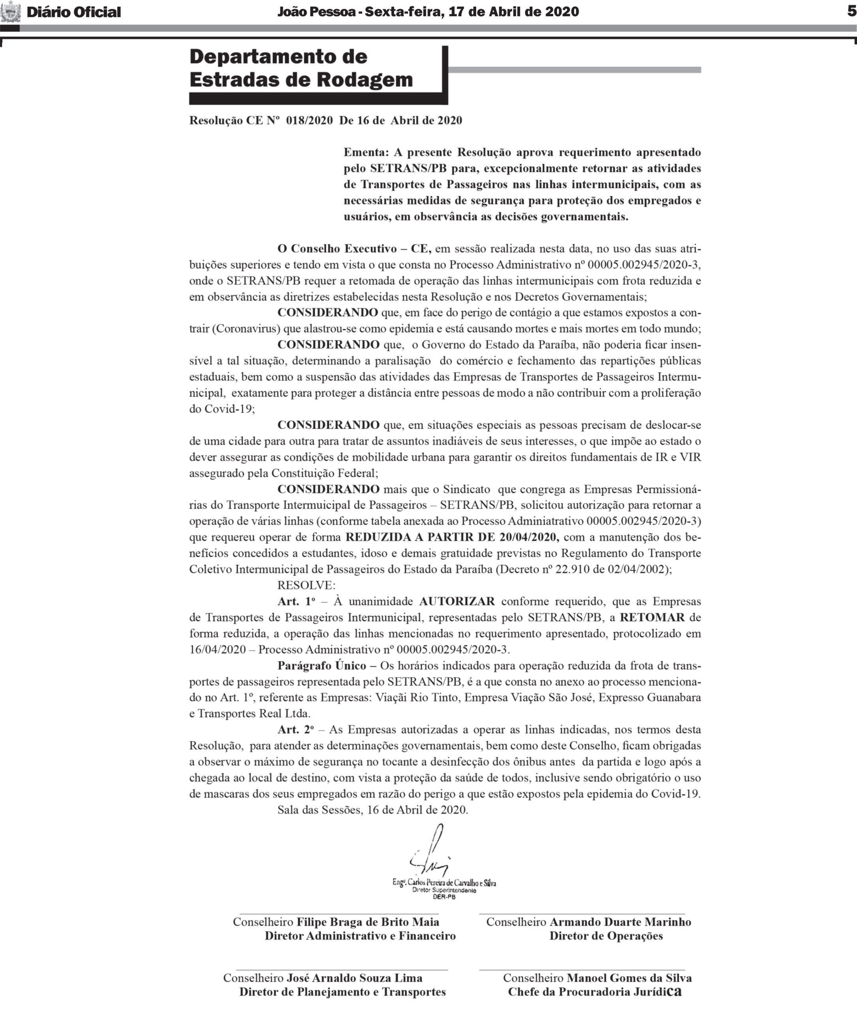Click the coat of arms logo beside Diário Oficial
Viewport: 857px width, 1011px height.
[11, 12]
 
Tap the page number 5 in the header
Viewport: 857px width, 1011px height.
[851, 11]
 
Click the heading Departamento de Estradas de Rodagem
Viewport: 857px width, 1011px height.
[301, 68]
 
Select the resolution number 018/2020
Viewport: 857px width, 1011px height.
[309, 120]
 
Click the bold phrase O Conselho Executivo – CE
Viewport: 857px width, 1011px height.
[354, 249]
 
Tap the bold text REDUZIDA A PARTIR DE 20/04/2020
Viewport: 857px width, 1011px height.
[452, 537]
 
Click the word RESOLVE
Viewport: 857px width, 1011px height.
[306, 585]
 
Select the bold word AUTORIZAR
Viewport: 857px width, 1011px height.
[457, 601]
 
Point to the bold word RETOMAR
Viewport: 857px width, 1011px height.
[652, 618]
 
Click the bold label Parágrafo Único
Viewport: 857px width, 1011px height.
[321, 665]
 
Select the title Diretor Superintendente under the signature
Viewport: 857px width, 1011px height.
[444, 890]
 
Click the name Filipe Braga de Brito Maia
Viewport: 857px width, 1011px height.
[368, 922]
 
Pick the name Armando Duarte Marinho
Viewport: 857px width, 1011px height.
[620, 922]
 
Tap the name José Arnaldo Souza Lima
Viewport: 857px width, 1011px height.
[354, 978]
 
